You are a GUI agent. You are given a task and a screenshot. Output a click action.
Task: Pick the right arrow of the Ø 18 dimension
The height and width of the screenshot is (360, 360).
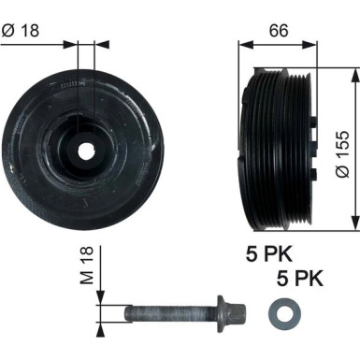coord(94,42)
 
